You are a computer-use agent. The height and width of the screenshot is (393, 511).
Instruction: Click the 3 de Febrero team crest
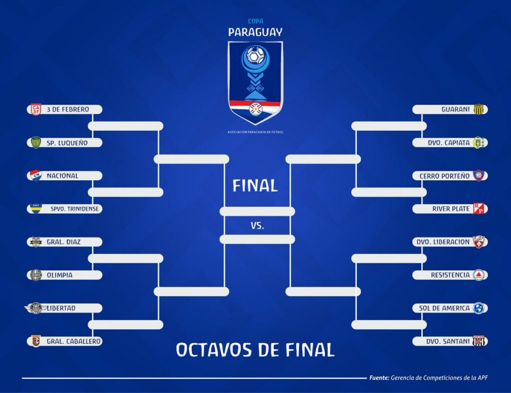(x=36, y=109)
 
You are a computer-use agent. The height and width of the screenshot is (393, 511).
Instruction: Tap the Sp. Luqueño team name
(x=67, y=143)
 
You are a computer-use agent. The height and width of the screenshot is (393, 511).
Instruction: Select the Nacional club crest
(x=36, y=175)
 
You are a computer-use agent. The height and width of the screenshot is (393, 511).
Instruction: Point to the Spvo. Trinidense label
(x=75, y=209)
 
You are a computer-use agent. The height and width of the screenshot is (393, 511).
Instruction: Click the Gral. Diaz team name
(x=63, y=242)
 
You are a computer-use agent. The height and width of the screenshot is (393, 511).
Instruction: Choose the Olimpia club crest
(x=36, y=275)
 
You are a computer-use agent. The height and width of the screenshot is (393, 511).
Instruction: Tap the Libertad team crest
(x=36, y=308)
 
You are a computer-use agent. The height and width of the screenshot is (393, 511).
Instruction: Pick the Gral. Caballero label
(x=74, y=341)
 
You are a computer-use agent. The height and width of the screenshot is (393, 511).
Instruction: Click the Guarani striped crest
(x=479, y=109)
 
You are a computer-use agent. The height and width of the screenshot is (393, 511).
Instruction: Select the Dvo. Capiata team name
(x=449, y=143)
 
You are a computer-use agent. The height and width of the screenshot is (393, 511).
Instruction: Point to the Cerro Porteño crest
(x=479, y=175)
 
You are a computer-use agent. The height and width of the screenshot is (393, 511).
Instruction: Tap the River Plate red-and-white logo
(x=479, y=209)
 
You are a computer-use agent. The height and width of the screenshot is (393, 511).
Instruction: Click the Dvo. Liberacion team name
(x=443, y=242)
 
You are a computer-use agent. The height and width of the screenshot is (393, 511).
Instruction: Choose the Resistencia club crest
(x=479, y=275)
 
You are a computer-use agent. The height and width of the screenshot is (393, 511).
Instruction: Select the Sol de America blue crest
(x=479, y=308)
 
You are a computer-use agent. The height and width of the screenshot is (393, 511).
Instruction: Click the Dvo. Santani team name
(x=448, y=341)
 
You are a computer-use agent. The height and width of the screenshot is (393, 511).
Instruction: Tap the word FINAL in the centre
(x=255, y=186)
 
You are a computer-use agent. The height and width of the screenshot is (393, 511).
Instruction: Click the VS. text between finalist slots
(x=257, y=225)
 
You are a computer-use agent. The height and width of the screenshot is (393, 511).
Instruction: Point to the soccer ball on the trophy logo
(x=255, y=55)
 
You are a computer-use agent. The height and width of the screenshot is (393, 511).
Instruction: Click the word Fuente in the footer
(x=379, y=378)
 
